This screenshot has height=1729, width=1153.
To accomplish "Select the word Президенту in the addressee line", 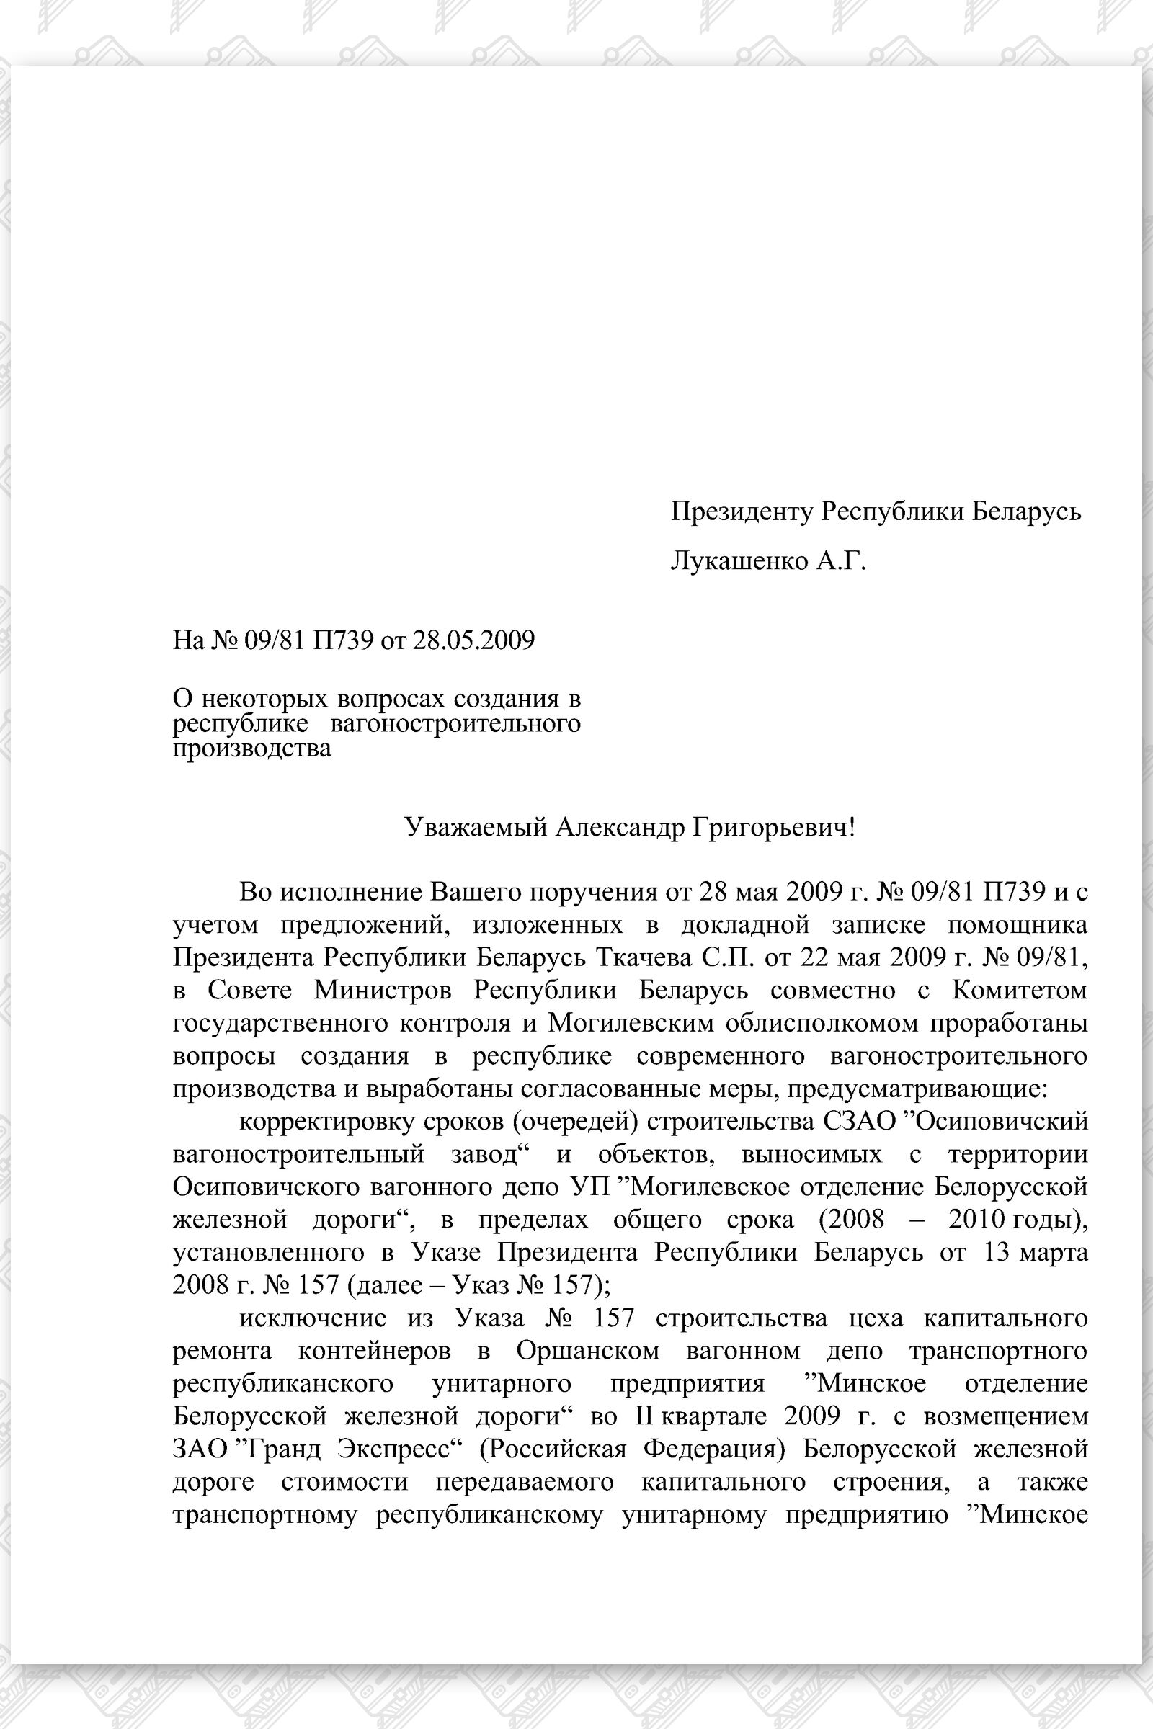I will coord(742,511).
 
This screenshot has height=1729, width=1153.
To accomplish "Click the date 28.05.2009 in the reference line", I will coord(473,640).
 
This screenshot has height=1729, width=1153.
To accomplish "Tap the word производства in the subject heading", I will coord(251,749).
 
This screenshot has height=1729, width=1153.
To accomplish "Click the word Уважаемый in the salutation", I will coord(476,828).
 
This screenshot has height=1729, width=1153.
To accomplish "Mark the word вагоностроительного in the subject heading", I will coord(455,724).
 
